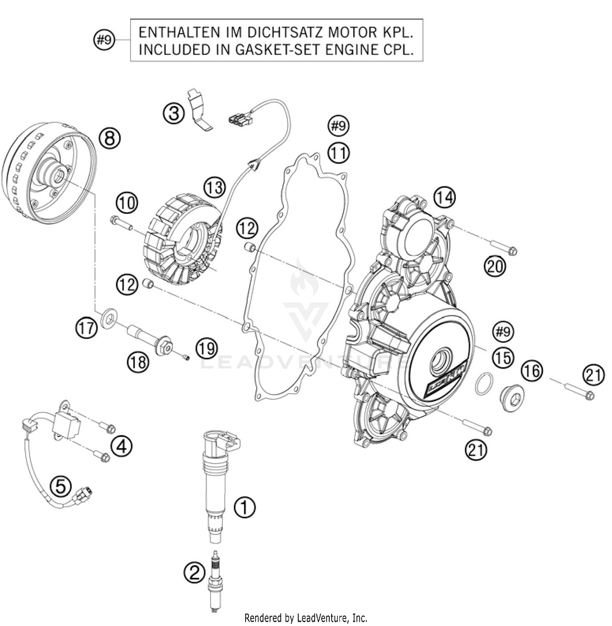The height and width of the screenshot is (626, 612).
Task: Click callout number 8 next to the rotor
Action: pos(110,138)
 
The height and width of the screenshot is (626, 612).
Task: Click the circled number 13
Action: pos(215,188)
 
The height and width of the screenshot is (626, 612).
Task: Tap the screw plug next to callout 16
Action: pos(510,395)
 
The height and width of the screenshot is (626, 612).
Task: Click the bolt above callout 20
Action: pos(503,247)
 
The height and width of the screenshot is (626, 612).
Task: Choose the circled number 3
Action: pos(174,113)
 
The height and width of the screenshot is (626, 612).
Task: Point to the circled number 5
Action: pos(60,486)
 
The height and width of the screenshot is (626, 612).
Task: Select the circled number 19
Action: pos(206,348)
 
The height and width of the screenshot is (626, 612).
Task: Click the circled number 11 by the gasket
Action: pos(339,153)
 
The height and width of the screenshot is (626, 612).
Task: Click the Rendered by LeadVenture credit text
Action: pos(306,617)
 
